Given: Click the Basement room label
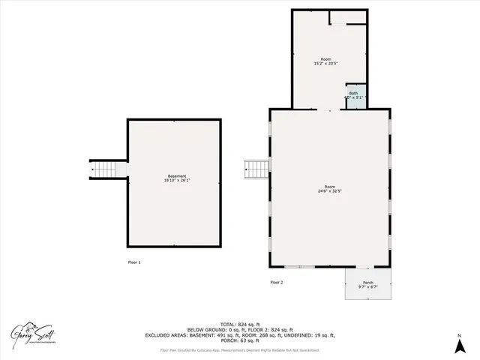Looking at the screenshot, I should [x=176, y=176].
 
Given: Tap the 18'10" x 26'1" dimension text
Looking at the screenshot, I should [x=176, y=181].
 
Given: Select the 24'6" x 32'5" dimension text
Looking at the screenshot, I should [x=329, y=190].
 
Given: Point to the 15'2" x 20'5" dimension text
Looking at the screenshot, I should [x=325, y=63].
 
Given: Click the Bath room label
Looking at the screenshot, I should [x=353, y=93].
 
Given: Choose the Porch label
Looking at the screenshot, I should [x=367, y=283].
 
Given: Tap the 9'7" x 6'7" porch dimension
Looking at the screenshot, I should [x=367, y=287].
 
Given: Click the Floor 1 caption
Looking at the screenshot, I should [x=133, y=262].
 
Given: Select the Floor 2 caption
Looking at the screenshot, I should [x=276, y=282].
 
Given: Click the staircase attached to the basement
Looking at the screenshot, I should [x=108, y=169].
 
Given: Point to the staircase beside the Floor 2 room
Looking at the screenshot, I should [x=256, y=169].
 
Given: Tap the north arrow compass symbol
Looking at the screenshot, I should [x=459, y=346].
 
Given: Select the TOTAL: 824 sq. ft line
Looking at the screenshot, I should [x=239, y=324].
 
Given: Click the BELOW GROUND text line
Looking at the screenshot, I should [x=239, y=330].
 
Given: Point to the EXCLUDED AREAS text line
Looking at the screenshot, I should [x=239, y=335].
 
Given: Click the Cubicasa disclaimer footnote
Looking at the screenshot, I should [x=239, y=349].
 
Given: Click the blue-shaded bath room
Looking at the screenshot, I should [x=354, y=96].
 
